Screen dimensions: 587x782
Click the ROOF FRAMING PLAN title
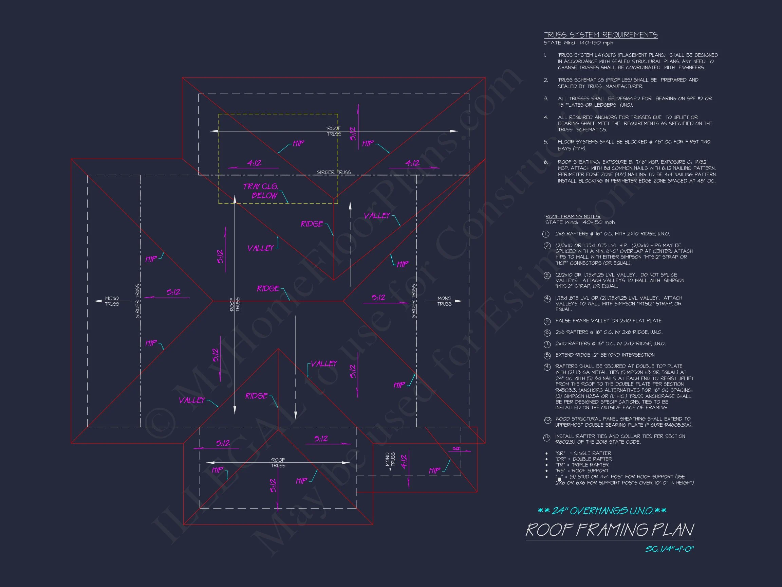609,530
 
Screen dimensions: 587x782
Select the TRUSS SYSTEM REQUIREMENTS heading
600,35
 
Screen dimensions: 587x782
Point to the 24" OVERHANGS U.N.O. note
602,511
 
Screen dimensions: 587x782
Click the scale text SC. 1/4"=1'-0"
669,549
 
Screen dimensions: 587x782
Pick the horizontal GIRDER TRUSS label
333,172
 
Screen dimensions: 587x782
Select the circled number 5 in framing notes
547,321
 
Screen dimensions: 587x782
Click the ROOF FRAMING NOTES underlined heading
572,216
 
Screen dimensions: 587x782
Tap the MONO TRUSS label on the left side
112,301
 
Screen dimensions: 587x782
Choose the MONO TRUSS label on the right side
444,301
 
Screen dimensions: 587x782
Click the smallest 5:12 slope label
457,449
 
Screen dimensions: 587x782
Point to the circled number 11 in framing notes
546,438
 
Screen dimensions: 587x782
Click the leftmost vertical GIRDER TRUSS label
138,301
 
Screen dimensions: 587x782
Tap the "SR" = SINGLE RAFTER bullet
583,453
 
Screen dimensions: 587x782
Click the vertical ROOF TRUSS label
235,304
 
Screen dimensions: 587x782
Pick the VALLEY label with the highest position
377,215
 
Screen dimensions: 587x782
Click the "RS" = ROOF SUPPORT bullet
581,470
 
